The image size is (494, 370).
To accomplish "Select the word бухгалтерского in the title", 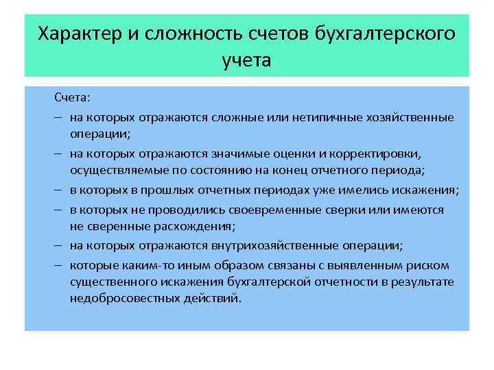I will coord(385,34).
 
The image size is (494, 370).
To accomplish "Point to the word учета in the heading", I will coord(247,60).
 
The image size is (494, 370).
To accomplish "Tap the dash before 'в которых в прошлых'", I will coord(57,190).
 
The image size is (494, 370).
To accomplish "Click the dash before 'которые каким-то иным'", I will coord(57,264).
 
